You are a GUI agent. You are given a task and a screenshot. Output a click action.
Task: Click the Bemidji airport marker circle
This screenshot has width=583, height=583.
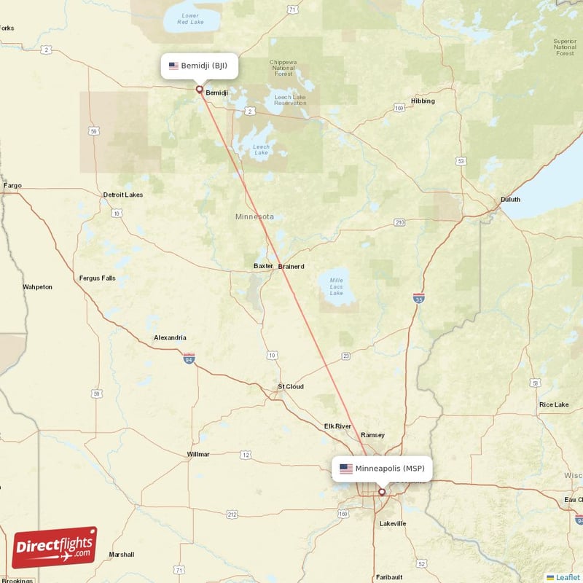[199, 90]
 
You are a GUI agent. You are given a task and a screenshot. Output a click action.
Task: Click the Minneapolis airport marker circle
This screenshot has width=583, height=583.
[381, 492]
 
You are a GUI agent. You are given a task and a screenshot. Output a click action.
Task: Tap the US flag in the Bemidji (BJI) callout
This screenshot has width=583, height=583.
[173, 66]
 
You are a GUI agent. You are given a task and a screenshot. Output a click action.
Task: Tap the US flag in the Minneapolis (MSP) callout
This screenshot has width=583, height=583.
[346, 469]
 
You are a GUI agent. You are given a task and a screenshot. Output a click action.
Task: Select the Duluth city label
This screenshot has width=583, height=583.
[510, 200]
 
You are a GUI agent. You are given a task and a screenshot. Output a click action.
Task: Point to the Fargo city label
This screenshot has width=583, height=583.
[12, 186]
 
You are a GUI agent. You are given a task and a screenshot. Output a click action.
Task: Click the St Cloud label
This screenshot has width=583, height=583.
[291, 386]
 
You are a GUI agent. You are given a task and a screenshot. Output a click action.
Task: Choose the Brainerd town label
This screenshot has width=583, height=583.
[291, 267]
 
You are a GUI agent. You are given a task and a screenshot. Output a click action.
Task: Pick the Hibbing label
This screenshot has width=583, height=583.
[423, 101]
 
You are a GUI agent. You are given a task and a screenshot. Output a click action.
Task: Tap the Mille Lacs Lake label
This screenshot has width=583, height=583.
[336, 286]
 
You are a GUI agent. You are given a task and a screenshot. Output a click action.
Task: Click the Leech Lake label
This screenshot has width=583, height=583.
[261, 150]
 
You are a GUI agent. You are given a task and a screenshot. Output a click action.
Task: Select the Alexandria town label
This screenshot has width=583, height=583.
[170, 337]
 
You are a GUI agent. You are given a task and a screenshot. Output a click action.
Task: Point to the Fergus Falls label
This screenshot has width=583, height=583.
[97, 278]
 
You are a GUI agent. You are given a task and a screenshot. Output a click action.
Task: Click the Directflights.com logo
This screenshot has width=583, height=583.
[55, 547]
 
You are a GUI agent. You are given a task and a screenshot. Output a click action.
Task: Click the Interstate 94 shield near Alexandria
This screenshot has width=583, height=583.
[189, 358]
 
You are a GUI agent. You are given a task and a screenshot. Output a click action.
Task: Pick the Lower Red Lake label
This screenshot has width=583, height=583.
[190, 19]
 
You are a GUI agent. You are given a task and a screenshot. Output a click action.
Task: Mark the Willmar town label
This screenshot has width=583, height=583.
[198, 454]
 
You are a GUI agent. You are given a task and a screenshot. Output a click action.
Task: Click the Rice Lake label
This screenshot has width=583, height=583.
[553, 404]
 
